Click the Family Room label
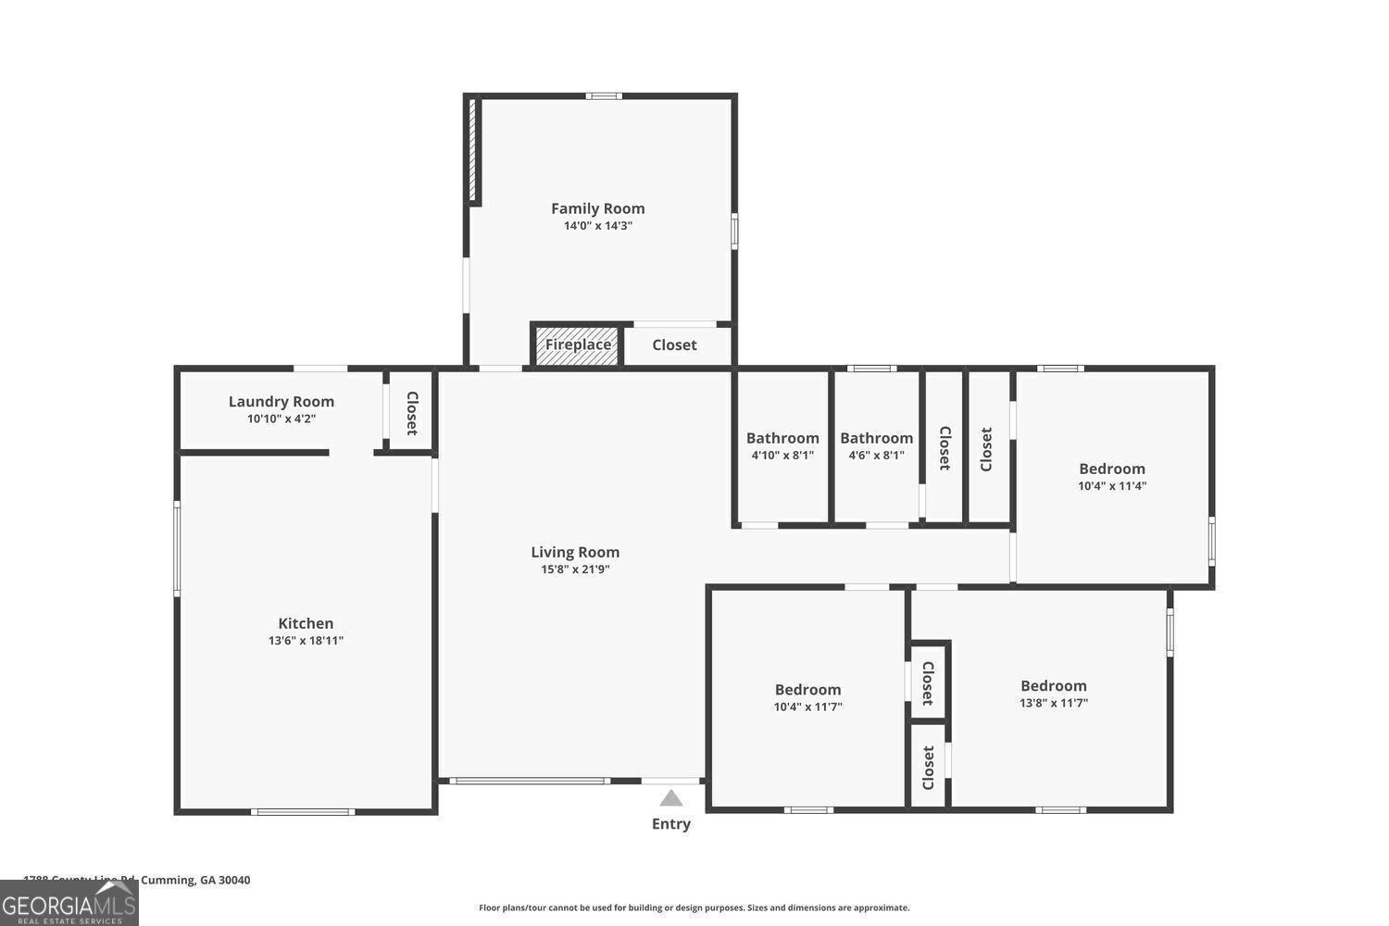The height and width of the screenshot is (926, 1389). pos(597,208)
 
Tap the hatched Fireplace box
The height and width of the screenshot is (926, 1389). pos(577,344)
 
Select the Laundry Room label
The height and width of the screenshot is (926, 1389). pos(281,401)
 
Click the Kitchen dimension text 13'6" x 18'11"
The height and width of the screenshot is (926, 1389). pos(306,640)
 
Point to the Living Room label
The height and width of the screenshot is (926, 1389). pos(574,552)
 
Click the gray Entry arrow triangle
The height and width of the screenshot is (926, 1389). pos(671,798)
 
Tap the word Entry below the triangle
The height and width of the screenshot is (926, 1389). pos(671,823)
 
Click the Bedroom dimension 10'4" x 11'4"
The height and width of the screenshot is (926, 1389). pos(1111,485)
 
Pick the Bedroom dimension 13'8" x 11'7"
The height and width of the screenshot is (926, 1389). pos(1053,703)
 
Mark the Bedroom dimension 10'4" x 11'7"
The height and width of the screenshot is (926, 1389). pos(807,707)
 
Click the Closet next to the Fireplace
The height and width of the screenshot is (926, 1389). pos(674,344)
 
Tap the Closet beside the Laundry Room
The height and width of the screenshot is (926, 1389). pos(411,413)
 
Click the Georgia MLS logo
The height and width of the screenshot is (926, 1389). pos(69,903)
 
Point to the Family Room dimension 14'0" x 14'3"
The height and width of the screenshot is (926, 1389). pos(597,225)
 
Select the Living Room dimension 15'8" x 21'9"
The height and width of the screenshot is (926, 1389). pos(574,569)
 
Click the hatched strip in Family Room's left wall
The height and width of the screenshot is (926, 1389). pos(471,149)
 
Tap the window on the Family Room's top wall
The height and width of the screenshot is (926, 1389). pos(604,95)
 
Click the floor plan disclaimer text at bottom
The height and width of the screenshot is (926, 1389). pos(694,907)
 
